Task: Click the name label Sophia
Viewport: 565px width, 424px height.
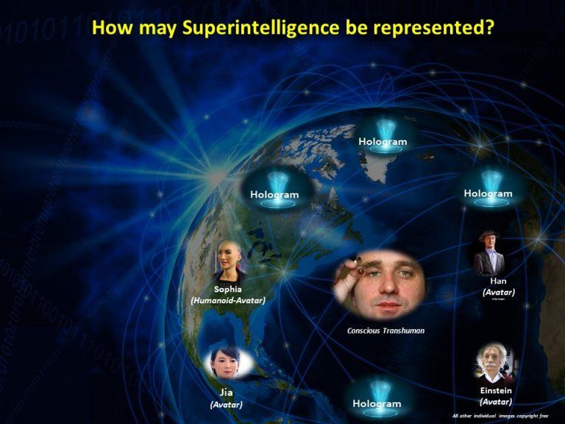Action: coord(227,289)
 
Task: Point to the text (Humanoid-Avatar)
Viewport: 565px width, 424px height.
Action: coord(227,300)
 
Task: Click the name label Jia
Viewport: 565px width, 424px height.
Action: coord(227,392)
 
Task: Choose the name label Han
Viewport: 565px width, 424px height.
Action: coord(498,280)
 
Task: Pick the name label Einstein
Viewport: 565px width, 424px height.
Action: coord(495,390)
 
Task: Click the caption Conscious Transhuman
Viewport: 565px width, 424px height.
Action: coord(385,331)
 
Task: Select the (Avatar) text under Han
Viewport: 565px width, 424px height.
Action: coord(498,292)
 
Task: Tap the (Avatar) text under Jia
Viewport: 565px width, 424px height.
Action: coord(226,405)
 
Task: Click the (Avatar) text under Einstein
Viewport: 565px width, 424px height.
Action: coord(495,402)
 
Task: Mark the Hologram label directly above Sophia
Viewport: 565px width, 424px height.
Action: coord(274,194)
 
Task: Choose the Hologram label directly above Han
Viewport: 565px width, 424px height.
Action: coord(487,193)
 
